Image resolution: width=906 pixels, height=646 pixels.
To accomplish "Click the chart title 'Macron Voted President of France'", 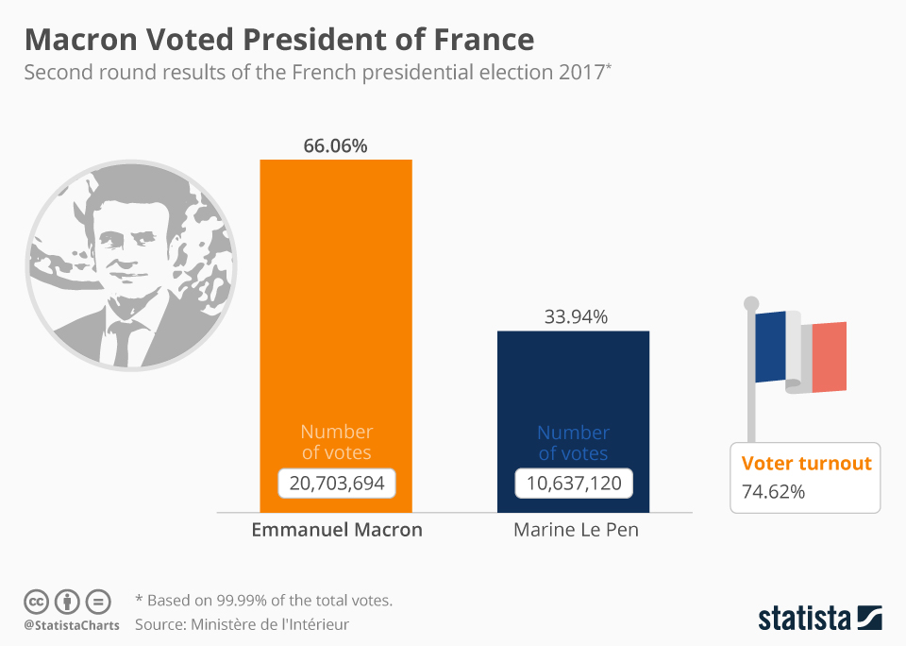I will (x=278, y=40).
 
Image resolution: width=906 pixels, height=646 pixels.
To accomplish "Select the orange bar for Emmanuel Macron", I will (x=336, y=283).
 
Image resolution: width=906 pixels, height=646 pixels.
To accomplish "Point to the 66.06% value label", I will (x=335, y=145).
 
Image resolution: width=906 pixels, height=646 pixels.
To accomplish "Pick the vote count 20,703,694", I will (x=336, y=484).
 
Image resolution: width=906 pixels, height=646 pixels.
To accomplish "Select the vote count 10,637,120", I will (x=574, y=484).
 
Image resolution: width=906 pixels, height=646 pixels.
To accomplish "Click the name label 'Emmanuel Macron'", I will (x=337, y=530).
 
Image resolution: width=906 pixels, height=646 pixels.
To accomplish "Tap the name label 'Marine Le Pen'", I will (x=576, y=530).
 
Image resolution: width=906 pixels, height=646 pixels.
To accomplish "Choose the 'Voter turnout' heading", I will (x=806, y=463).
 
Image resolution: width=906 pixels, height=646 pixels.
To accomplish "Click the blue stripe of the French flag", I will (x=771, y=347).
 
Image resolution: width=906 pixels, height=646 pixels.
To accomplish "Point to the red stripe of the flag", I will (x=830, y=356).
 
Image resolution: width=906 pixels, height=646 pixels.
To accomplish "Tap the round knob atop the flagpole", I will (x=751, y=304).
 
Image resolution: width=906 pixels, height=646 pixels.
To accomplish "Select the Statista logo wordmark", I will (x=805, y=619).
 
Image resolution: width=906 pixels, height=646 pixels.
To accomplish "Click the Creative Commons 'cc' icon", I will (x=37, y=601).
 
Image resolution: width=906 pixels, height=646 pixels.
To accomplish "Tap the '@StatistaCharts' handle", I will (x=72, y=625).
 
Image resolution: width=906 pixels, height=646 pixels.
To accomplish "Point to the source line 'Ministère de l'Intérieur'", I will (x=270, y=624).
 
